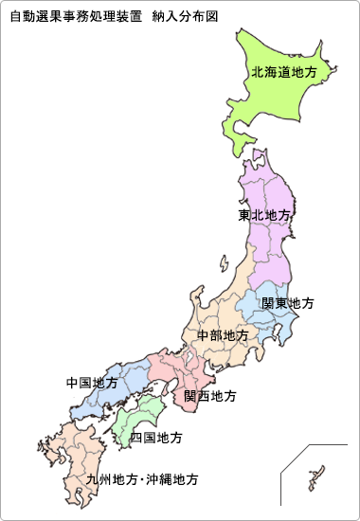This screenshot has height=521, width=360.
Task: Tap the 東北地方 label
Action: tap(264, 215)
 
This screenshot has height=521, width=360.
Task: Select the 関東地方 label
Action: tap(288, 304)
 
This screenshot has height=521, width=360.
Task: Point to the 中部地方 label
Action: tap(223, 336)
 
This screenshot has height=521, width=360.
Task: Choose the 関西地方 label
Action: tap(210, 396)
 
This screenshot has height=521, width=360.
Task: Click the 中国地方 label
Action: tap(93, 384)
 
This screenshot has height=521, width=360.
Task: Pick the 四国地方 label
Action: tap(156, 438)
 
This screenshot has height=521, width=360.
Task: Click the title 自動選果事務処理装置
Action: tap(75, 17)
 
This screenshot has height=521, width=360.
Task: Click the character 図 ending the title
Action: tap(225, 17)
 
